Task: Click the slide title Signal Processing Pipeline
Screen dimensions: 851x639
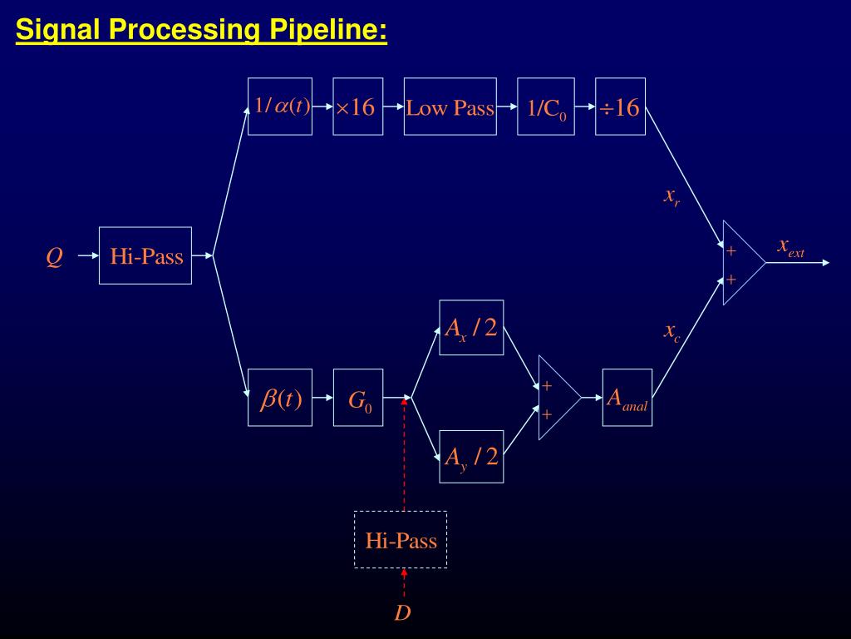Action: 201,31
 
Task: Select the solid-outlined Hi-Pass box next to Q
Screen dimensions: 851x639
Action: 145,255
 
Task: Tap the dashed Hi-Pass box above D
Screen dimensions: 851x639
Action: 401,540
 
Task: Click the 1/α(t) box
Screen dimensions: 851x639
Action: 280,106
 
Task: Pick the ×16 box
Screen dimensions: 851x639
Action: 358,106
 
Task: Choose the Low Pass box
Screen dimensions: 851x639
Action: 450,106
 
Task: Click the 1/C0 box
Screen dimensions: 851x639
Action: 546,106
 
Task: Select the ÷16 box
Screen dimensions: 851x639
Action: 620,106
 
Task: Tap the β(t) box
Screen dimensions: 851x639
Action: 280,398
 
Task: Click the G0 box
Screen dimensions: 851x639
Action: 358,398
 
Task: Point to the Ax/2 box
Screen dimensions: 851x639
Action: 471,328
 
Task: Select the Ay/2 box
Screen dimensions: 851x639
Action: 471,457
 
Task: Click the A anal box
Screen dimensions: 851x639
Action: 627,398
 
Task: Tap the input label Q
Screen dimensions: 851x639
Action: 54,257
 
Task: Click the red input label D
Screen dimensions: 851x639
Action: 402,614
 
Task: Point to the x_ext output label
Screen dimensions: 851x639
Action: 790,246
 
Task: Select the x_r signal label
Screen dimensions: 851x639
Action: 671,196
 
